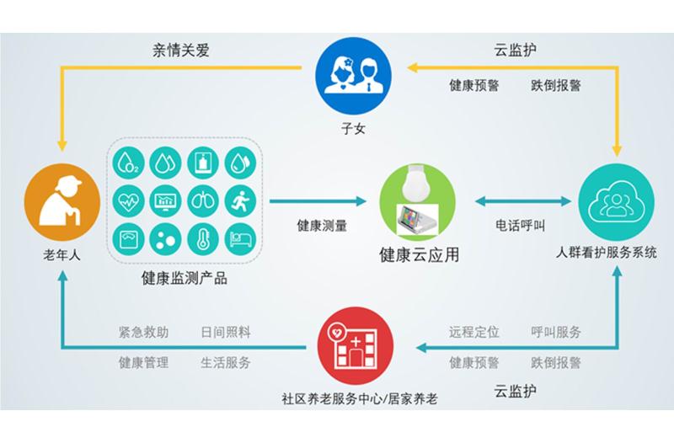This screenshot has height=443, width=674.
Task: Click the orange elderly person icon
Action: pyautogui.click(x=62, y=201)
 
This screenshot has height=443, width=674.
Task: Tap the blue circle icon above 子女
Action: pyautogui.click(x=353, y=76)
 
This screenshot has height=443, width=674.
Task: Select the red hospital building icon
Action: pyautogui.click(x=356, y=345)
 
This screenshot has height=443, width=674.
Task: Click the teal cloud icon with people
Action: pyautogui.click(x=617, y=201)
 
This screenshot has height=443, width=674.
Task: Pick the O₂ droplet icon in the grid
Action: pyautogui.click(x=129, y=163)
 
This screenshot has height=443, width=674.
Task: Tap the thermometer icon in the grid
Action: pyautogui.click(x=203, y=239)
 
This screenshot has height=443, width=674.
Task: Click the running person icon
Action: pyautogui.click(x=240, y=200)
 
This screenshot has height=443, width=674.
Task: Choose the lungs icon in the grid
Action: pyautogui.click(x=203, y=200)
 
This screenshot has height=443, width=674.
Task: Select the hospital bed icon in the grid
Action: pyautogui.click(x=240, y=239)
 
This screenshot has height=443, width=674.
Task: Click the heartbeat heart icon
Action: pyautogui.click(x=129, y=200)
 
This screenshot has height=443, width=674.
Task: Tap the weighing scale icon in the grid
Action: pyautogui.click(x=129, y=239)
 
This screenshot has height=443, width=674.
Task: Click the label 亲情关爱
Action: pyautogui.click(x=181, y=51)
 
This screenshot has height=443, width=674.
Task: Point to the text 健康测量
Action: pyautogui.click(x=322, y=226)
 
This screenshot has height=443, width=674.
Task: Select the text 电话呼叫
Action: pyautogui.click(x=520, y=225)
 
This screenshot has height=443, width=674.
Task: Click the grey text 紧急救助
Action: pyautogui.click(x=143, y=332)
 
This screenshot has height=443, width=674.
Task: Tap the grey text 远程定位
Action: pyautogui.click(x=474, y=332)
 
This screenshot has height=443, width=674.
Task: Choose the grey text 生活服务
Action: pyautogui.click(x=226, y=363)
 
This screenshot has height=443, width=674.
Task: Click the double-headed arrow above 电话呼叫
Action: pyautogui.click(x=523, y=200)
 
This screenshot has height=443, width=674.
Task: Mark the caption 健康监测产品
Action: pyautogui.click(x=184, y=278)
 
